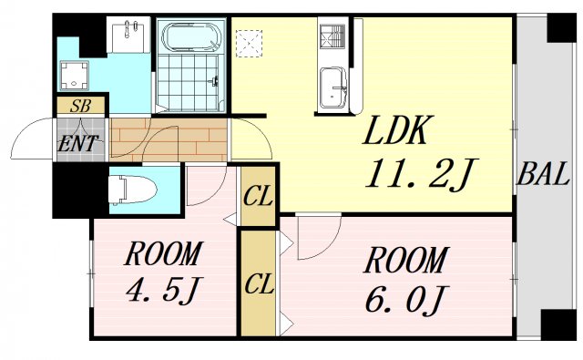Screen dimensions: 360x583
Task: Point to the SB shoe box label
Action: [81, 106]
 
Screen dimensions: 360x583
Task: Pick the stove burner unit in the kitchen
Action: [330, 37]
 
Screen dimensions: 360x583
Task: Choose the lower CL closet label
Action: [259, 283]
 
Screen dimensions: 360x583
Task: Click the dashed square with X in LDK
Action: [249, 42]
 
